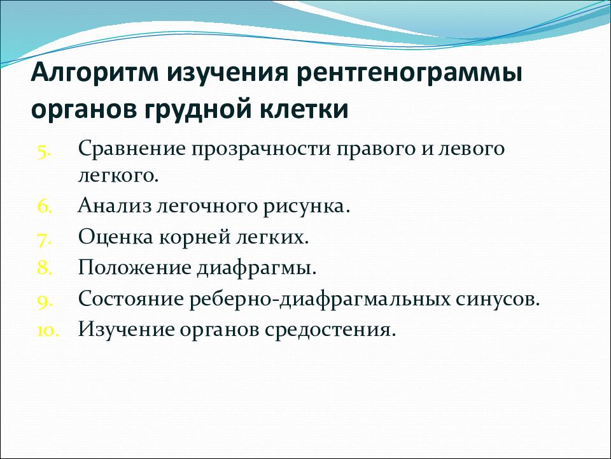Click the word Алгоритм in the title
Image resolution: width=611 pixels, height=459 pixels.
coord(95,72)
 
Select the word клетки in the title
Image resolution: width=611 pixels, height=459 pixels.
coord(304,108)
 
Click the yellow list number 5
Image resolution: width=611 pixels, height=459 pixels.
coord(45,152)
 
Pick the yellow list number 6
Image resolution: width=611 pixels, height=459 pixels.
coord(45,206)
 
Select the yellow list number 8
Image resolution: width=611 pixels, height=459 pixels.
coord(45,268)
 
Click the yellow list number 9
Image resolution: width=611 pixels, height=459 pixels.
coord(45,301)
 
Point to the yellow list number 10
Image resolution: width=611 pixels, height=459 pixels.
coord(48,331)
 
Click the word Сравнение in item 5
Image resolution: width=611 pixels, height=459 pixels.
coord(131,149)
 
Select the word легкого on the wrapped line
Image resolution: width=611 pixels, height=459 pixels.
coord(118,176)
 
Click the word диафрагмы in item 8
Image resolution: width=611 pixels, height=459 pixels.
coord(256,269)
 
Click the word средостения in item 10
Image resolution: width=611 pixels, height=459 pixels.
coord(330,330)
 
